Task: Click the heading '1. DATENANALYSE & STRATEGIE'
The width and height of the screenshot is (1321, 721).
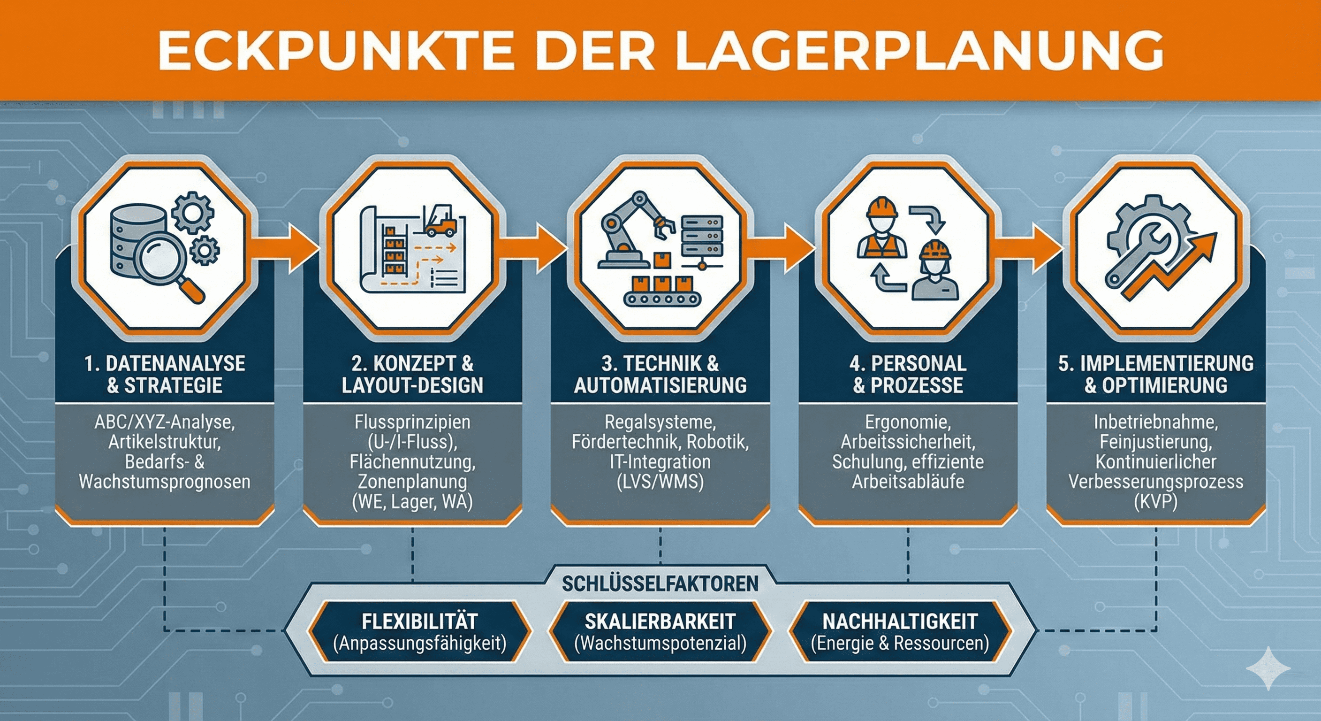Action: click(165, 374)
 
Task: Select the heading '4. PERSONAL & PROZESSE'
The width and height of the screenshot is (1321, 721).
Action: click(908, 374)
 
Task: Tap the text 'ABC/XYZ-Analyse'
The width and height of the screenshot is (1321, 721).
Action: click(165, 422)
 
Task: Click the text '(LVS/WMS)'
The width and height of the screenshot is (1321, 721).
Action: click(660, 481)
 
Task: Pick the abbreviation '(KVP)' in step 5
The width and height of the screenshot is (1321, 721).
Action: click(1156, 501)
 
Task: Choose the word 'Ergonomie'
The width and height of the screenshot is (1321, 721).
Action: click(908, 422)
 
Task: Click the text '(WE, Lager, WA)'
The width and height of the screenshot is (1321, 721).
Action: click(412, 501)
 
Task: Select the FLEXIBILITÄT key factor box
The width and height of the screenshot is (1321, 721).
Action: click(419, 632)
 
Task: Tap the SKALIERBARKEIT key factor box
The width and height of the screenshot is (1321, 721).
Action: click(660, 632)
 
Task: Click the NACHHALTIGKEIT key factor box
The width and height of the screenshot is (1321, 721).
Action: click(900, 632)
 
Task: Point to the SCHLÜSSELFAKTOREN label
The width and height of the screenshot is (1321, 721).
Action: click(660, 584)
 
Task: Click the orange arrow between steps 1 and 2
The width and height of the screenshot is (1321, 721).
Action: click(290, 246)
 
